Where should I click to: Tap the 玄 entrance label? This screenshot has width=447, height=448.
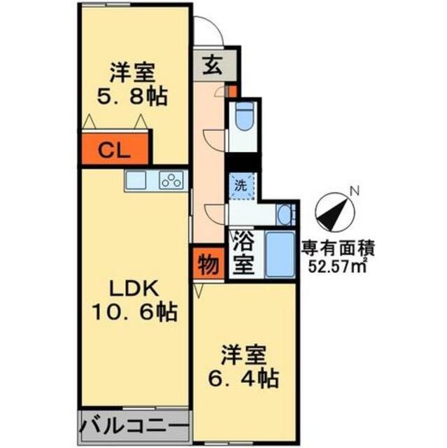coord(213,66)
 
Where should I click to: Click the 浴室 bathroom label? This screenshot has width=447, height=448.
coord(244,254)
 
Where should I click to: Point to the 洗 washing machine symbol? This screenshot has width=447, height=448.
coord(241,187)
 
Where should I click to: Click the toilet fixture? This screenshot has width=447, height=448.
coord(244,118)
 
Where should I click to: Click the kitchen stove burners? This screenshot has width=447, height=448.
coord(170,181)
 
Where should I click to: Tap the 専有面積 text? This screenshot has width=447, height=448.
coord(339,247)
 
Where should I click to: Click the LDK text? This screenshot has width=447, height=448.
coord(132,288)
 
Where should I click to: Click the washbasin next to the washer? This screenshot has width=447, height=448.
coord(283,213)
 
